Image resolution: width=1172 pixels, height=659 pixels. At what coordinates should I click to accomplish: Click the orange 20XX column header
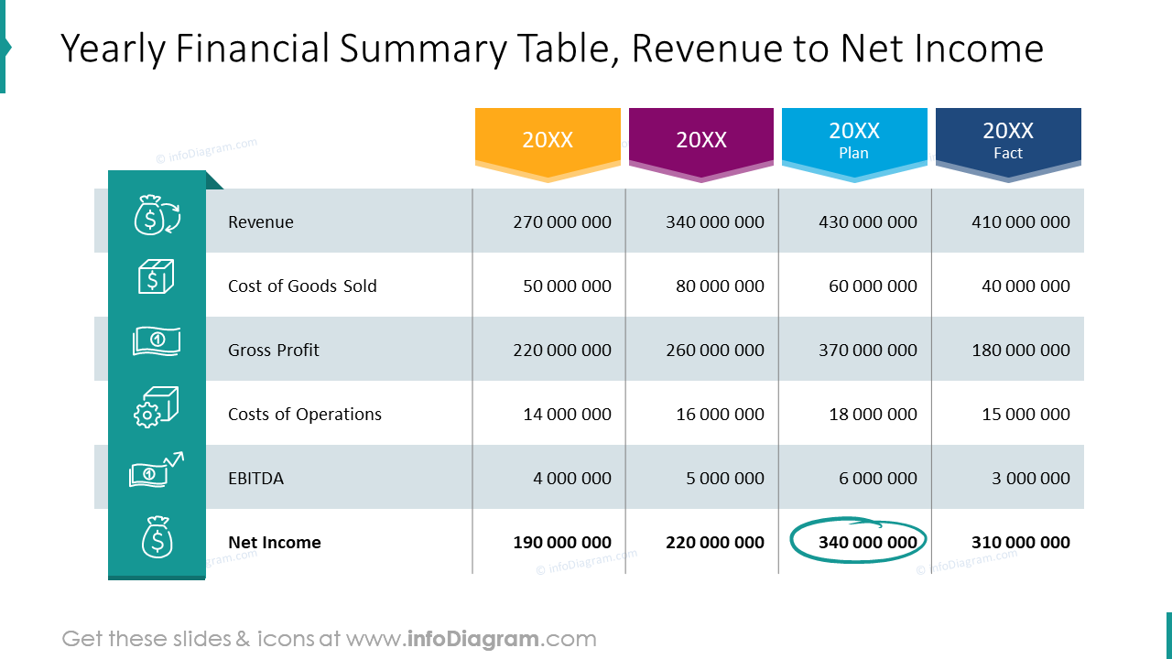click(x=548, y=140)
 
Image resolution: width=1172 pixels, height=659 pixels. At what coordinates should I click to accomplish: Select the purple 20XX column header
click(x=701, y=140)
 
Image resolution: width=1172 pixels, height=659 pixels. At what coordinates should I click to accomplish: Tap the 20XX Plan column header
click(x=854, y=140)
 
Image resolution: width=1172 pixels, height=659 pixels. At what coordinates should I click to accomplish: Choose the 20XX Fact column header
click(x=1008, y=140)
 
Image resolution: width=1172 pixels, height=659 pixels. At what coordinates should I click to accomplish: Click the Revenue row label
click(x=261, y=222)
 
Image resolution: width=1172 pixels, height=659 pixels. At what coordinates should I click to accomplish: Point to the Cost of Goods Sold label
click(x=302, y=286)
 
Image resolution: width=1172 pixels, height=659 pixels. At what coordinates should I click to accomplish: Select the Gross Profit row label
click(x=274, y=351)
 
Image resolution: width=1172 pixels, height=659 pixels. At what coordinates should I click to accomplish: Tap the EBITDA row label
click(x=255, y=479)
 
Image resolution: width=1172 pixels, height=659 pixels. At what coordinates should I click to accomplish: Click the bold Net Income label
click(x=275, y=543)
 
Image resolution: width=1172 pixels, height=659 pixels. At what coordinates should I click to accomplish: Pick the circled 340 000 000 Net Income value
click(x=867, y=543)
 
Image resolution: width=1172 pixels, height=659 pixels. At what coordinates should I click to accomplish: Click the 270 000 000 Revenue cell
click(x=562, y=222)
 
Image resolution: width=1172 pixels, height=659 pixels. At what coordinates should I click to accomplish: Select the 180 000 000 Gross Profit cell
click(x=1020, y=351)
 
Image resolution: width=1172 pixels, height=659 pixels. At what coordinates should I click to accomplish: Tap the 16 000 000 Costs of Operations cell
click(x=720, y=415)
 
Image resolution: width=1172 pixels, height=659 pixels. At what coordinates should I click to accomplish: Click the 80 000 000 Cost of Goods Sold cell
click(x=720, y=286)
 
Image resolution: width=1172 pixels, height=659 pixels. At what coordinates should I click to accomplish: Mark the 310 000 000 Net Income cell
click(x=1020, y=543)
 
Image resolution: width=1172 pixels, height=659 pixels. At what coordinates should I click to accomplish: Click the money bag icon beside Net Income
click(x=157, y=538)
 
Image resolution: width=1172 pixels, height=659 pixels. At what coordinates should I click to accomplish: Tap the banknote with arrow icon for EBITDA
click(x=157, y=470)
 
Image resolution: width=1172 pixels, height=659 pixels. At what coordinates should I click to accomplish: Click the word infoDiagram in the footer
click(x=472, y=639)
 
